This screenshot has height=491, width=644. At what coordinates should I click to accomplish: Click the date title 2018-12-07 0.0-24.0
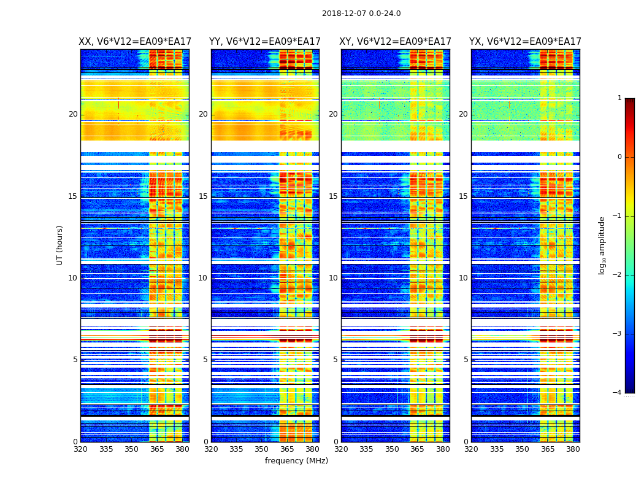pyautogui.click(x=361, y=14)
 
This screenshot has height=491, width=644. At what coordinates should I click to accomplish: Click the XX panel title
pyautogui.click(x=135, y=42)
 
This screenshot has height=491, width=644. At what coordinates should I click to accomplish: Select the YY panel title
pyautogui.click(x=265, y=42)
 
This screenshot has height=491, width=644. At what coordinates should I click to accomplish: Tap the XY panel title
pyautogui.click(x=396, y=42)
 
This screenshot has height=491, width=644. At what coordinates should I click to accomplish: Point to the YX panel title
pyautogui.click(x=526, y=42)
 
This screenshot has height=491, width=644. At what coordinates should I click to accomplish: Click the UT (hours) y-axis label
pyautogui.click(x=60, y=245)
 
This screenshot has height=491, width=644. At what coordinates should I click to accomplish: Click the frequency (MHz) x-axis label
pyautogui.click(x=296, y=461)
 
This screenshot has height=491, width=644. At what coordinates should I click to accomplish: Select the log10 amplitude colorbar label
pyautogui.click(x=602, y=245)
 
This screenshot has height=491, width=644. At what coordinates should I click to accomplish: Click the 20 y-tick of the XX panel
pyautogui.click(x=74, y=114)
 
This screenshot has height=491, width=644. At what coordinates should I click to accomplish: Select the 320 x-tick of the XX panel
pyautogui.click(x=80, y=449)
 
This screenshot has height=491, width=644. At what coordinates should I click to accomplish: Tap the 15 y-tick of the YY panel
pyautogui.click(x=203, y=196)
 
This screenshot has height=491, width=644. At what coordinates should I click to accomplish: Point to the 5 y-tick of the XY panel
pyautogui.click(x=335, y=360)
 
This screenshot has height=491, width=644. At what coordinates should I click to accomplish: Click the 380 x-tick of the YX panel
pyautogui.click(x=573, y=449)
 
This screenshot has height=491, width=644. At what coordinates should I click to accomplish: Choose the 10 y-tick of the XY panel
pyautogui.click(x=333, y=278)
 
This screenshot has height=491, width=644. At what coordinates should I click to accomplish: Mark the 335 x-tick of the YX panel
pyautogui.click(x=497, y=449)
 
